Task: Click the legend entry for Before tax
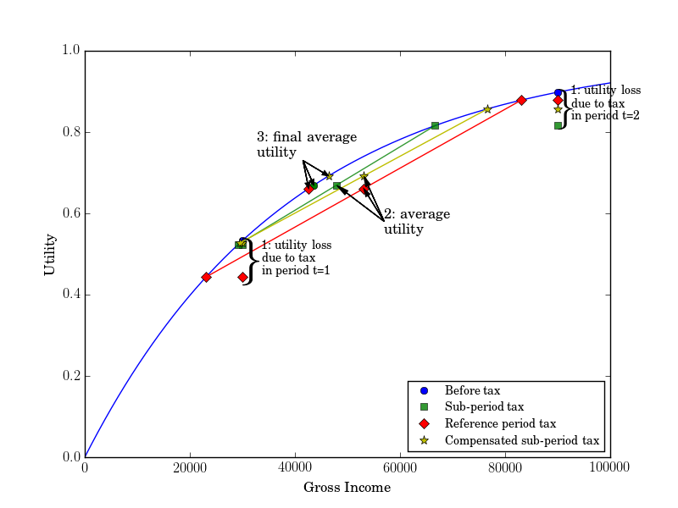click(472, 390)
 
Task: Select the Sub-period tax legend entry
click(484, 407)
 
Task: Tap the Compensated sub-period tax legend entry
click(521, 440)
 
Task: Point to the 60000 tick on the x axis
click(400, 457)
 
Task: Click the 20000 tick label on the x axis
click(190, 468)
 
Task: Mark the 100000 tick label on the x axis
click(610, 468)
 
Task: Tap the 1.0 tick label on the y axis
click(71, 51)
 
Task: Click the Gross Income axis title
click(347, 488)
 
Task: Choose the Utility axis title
click(50, 254)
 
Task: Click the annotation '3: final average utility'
click(307, 145)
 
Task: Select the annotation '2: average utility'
click(416, 222)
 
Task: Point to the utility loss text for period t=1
click(297, 257)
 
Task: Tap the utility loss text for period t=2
click(605, 102)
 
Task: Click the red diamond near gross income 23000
click(206, 277)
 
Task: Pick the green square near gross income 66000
click(435, 125)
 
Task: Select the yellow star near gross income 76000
click(487, 109)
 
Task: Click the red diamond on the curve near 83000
click(521, 100)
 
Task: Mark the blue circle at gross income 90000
click(558, 93)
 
